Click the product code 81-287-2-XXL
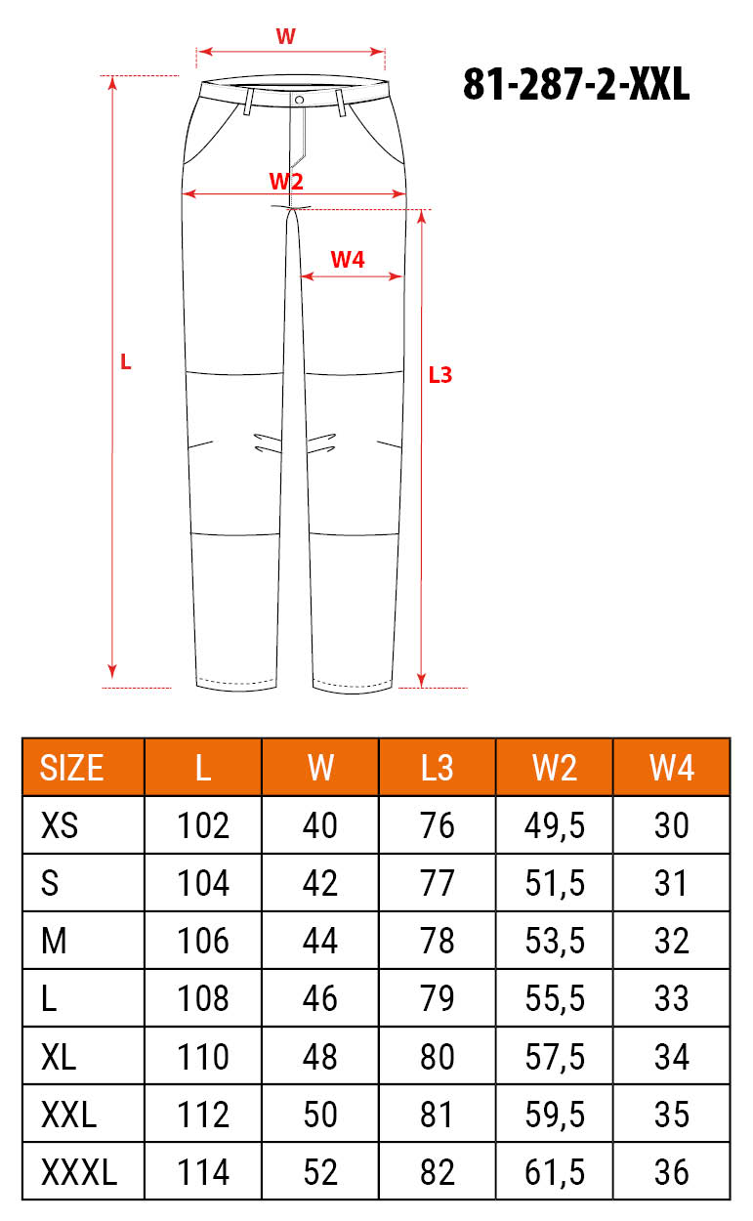click(576, 84)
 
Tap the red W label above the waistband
click(285, 36)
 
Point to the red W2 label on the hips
click(286, 181)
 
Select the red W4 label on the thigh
click(348, 260)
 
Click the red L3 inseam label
click(440, 375)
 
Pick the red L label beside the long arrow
click(126, 362)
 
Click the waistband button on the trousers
click(299, 100)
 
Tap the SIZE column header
click(71, 768)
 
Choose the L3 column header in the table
click(437, 768)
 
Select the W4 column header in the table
click(671, 768)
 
